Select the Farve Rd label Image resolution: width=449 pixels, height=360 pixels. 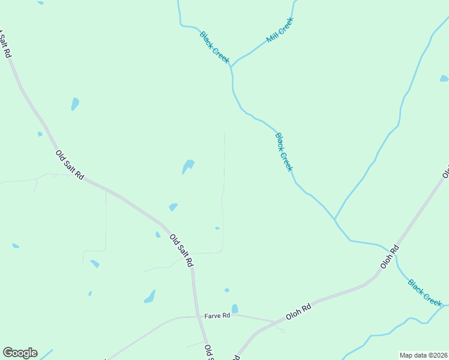point(217,315)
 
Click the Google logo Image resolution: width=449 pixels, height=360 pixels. point(20,353)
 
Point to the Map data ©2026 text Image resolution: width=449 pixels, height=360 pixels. point(423,355)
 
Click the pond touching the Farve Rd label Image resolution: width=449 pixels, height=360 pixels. point(235,308)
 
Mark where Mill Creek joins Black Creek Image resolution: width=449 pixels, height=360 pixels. point(232,67)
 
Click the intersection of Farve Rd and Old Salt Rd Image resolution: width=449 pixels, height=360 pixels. point(198,316)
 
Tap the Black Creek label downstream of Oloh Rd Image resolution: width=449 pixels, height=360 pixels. point(425,292)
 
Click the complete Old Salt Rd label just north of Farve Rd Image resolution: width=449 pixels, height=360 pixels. point(181,250)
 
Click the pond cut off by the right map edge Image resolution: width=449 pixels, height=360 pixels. point(444,79)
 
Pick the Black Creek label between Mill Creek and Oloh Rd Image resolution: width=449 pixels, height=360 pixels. point(284,152)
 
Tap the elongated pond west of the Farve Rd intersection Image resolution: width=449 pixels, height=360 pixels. point(149,296)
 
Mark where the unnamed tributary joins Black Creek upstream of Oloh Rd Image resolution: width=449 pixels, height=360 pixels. point(334,219)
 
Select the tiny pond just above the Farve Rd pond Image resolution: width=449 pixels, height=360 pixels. point(227,290)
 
